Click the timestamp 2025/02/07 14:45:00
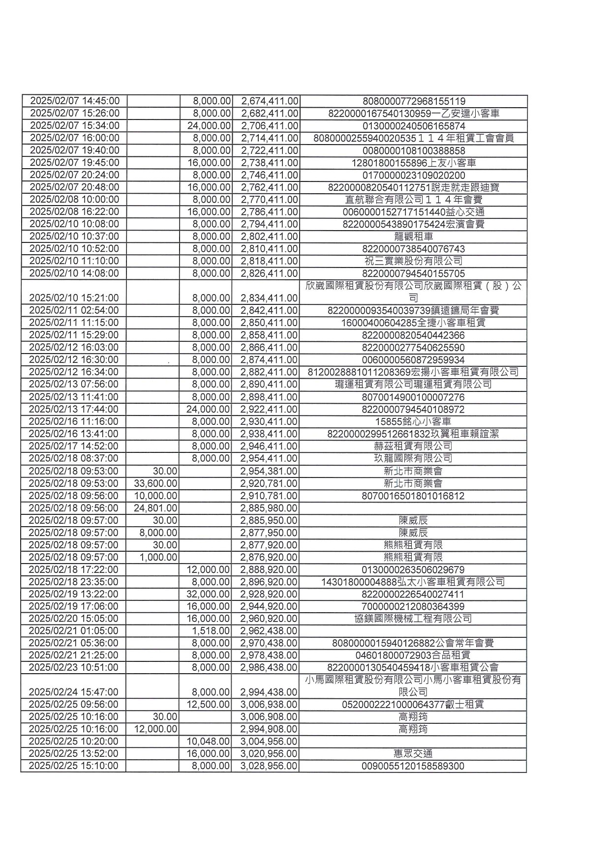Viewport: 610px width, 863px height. tap(75, 101)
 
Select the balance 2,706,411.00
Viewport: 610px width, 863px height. tap(269, 126)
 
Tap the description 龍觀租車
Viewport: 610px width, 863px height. tap(413, 237)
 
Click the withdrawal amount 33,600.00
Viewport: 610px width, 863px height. tap(155, 483)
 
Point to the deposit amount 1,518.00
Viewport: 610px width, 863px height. tap(212, 631)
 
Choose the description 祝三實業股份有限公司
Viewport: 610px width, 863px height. tap(413, 261)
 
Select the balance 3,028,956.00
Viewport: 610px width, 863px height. tap(269, 766)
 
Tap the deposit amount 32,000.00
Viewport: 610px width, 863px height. tap(209, 594)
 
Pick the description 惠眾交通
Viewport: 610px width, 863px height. tap(413, 754)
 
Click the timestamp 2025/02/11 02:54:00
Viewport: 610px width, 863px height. tap(74, 310)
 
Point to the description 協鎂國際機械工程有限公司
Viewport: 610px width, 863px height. tap(413, 619)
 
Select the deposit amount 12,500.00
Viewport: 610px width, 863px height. tap(209, 705)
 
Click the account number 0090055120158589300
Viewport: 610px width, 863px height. tap(413, 766)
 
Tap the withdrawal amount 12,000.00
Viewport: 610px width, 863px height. tap(155, 729)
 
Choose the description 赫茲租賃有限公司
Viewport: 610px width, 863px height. tap(413, 446)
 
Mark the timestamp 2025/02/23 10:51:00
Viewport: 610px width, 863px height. tap(73, 667)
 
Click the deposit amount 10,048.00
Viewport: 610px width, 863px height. tap(209, 742)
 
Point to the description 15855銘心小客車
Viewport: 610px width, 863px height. tap(413, 421)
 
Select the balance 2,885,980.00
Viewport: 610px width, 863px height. tap(269, 508)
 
